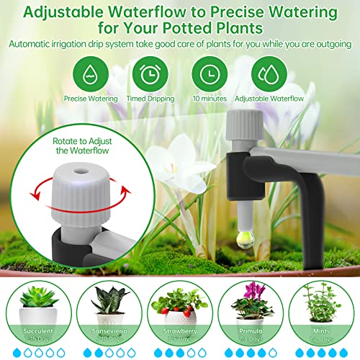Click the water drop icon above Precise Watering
(87, 73)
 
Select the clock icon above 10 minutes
(210, 73)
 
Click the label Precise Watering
(87, 98)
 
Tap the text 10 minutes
(210, 98)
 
